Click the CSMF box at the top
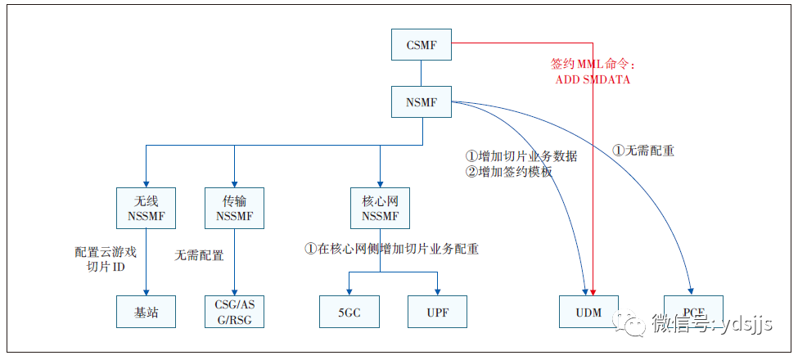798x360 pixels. pos(422,44)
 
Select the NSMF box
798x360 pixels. pos(422,103)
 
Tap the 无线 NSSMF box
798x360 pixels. pos(147,209)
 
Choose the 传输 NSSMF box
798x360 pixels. pos(235,209)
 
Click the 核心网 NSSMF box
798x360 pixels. pos(380,209)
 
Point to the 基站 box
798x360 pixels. pos(147,312)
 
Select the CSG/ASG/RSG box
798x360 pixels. pos(235,312)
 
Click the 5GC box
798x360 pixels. pos(349,312)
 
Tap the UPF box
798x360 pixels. pos(439,312)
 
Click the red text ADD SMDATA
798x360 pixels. pos(593,79)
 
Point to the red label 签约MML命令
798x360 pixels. pos(593,64)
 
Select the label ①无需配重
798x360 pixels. pos(643,151)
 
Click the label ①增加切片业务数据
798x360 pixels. pos(521,156)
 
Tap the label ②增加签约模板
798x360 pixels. pos(509,172)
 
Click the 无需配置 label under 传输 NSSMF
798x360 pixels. pos(199,255)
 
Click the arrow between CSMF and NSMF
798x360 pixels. pos(422,74)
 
